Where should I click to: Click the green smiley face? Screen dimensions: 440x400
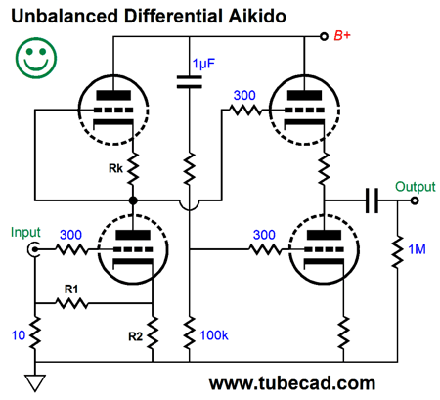[x=36, y=58]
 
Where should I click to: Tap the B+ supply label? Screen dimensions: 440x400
[x=342, y=35]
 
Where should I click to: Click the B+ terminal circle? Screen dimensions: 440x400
[x=324, y=36]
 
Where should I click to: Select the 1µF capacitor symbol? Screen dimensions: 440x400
[x=189, y=82]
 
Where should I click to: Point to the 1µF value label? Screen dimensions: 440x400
[x=203, y=64]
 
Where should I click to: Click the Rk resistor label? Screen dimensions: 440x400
[x=115, y=168]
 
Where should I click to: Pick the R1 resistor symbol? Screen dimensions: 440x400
[x=71, y=303]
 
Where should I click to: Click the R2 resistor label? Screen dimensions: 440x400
[x=135, y=336]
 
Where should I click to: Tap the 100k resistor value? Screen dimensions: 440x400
[x=214, y=335]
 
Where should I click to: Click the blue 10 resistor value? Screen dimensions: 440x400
[x=19, y=335]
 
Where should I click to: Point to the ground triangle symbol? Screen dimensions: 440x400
[x=34, y=382]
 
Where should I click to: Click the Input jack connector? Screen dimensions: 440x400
[x=33, y=250]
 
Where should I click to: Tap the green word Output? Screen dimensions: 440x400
[x=416, y=187]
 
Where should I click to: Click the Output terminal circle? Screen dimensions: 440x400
[x=415, y=200]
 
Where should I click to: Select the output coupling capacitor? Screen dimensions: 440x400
[x=372, y=200]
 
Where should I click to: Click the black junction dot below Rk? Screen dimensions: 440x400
[x=133, y=200]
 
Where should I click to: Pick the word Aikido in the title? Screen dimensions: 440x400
[x=257, y=16]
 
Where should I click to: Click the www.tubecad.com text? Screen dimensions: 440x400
[x=292, y=383]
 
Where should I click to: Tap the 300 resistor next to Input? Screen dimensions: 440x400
[x=71, y=250]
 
